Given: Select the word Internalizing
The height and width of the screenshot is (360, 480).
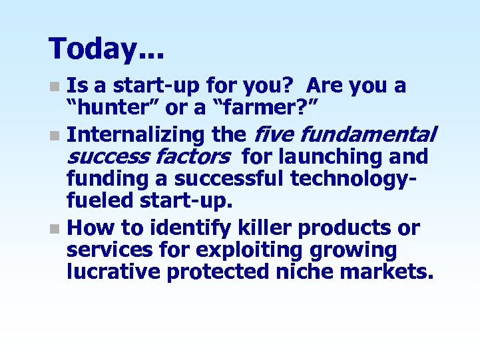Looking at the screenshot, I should coord(136,135).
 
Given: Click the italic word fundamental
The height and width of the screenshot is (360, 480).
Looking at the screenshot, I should coord(368,135).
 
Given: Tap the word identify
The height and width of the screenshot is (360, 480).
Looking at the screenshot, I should coord(188,228).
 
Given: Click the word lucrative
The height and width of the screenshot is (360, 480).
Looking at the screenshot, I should coord(113,273).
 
